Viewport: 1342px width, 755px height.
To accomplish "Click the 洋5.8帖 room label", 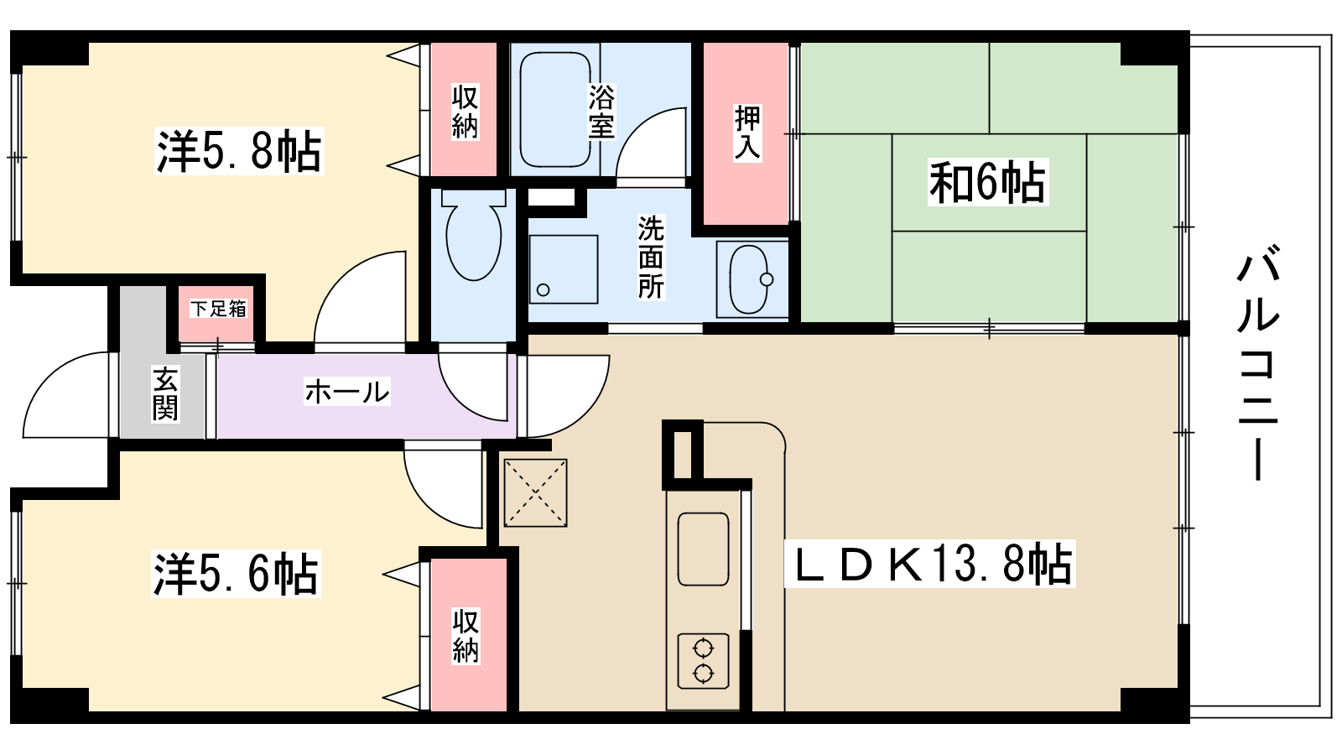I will click(x=239, y=152).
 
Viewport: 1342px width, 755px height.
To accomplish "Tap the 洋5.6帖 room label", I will click(x=236, y=575).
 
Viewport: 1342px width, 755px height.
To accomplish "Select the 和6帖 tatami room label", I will click(x=987, y=182).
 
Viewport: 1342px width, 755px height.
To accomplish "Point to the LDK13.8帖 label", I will click(x=930, y=565).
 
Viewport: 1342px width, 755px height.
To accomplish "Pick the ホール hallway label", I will click(x=346, y=392).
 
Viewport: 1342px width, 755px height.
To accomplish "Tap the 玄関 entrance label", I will click(x=165, y=394).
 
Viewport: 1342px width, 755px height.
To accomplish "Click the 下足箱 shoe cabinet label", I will click(x=218, y=309).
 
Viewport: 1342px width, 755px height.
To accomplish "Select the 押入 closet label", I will click(x=747, y=133).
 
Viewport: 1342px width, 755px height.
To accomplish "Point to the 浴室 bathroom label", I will click(x=601, y=112).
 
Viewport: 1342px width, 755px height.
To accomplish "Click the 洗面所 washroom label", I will click(x=651, y=258).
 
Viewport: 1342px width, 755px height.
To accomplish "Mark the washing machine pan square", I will click(x=563, y=269).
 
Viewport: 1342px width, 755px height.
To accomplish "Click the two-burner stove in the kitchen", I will click(x=703, y=660).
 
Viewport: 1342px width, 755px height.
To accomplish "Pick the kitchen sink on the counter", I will click(x=703, y=549).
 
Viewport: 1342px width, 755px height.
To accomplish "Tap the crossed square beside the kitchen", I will click(x=535, y=492).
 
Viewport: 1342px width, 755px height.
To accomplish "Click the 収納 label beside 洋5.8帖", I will click(x=465, y=112).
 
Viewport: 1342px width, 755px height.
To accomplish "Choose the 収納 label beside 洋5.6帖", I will click(x=466, y=636).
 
